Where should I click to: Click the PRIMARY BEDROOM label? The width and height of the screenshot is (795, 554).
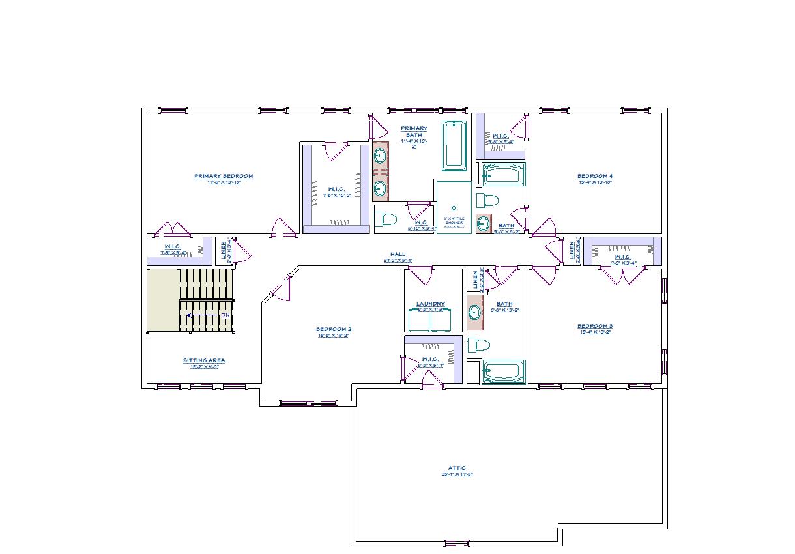click(224, 176)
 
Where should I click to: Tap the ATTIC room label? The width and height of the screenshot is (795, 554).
click(456, 468)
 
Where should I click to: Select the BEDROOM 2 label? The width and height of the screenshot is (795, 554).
click(333, 329)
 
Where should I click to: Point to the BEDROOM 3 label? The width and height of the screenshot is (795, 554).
click(594, 326)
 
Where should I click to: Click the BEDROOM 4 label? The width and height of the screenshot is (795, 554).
click(594, 176)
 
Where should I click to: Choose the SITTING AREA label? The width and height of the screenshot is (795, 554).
click(204, 360)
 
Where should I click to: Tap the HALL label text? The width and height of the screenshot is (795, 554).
click(397, 254)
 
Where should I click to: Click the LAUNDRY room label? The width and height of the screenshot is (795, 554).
click(431, 304)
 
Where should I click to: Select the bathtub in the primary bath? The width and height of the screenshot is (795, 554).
click(454, 145)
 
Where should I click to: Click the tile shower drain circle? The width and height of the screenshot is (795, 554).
click(454, 208)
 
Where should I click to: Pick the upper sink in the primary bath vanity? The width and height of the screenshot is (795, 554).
click(379, 156)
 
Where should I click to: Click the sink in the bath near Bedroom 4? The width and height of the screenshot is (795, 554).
click(483, 224)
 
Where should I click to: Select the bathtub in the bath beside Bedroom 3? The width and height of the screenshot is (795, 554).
click(503, 372)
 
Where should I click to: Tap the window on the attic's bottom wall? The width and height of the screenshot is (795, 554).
click(455, 544)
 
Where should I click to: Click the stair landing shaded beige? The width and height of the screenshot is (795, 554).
click(163, 300)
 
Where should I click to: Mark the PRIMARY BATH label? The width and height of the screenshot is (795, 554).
click(414, 132)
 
